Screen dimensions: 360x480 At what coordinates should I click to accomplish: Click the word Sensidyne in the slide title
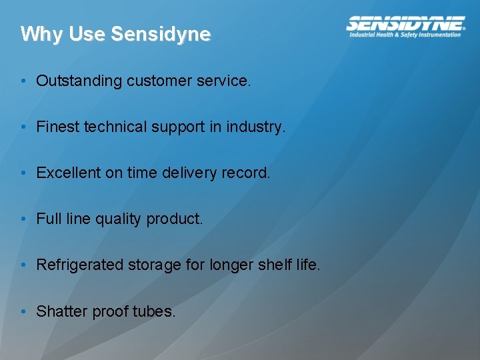[161, 34]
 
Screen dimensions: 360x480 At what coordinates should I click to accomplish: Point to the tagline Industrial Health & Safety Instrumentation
[405, 35]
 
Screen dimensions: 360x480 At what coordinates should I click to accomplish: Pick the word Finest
[58, 127]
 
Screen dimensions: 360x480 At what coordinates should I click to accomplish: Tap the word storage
[151, 265]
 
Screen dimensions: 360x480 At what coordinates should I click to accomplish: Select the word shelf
[275, 265]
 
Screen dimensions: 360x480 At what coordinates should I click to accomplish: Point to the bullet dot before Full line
[23, 219]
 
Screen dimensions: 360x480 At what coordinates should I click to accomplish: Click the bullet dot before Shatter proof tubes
[23, 311]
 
